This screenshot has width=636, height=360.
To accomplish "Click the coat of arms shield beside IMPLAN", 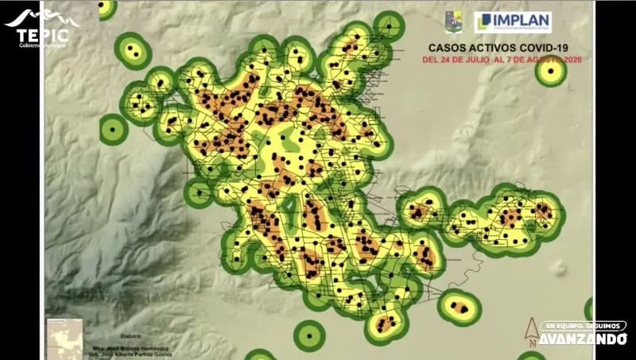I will [x=454, y=21].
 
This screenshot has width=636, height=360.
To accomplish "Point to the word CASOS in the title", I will [x=450, y=48].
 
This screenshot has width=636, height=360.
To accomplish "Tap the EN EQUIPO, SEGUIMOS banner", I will [x=583, y=326].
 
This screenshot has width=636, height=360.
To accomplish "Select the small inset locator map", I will [x=64, y=337].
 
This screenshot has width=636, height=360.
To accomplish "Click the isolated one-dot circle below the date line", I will [x=550, y=71].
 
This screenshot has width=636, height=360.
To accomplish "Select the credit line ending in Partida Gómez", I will [x=131, y=355].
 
